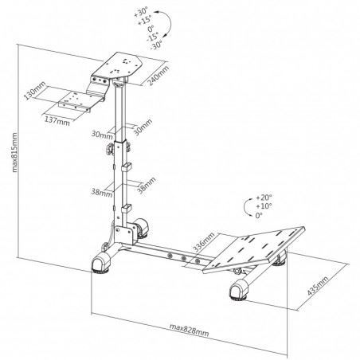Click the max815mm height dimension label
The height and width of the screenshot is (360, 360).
click(15, 152)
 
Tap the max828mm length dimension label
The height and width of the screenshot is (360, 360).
click(189, 330)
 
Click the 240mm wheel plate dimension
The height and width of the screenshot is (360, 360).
click(158, 75)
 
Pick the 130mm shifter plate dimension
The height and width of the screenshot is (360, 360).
click(34, 90)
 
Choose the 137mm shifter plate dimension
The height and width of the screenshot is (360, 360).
click(57, 121)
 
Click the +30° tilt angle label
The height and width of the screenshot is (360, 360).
click(141, 12)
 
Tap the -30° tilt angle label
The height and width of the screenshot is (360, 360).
click(156, 45)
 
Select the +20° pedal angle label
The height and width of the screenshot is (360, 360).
click(264, 198)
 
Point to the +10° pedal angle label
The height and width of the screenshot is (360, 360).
click(264, 206)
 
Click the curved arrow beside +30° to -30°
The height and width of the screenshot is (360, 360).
click(166, 24)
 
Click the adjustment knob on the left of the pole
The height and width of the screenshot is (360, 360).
click(110, 148)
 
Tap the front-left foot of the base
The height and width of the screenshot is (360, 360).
click(100, 263)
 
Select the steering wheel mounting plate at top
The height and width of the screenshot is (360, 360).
click(119, 66)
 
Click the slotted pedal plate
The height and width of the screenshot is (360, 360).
click(254, 249)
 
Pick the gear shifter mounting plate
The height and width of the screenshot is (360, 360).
click(76, 102)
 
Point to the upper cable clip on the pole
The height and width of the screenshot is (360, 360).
click(127, 167)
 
